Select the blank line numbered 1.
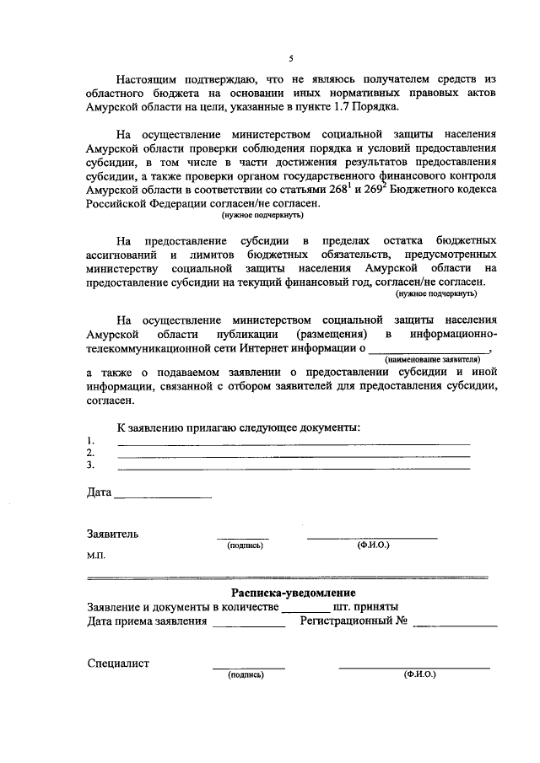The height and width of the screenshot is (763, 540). [x=293, y=443]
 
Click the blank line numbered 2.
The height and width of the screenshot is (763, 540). [x=293, y=454]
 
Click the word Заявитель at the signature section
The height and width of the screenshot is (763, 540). [x=113, y=534]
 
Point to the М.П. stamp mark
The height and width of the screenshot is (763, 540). [x=95, y=557]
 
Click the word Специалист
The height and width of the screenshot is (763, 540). [x=118, y=663]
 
